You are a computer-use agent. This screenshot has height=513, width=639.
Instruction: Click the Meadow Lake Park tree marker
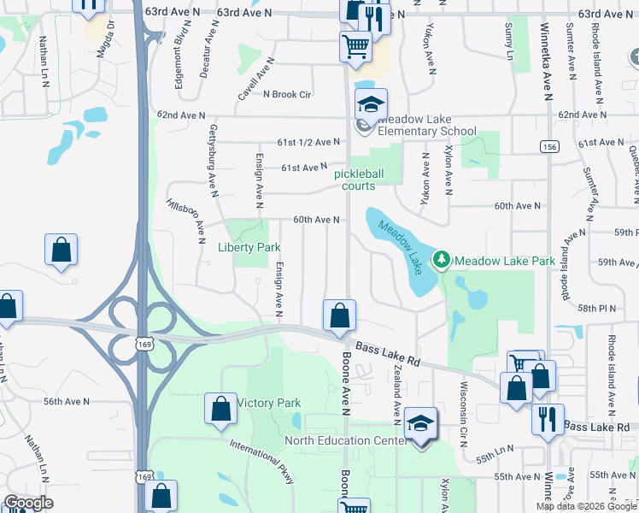click(x=442, y=258)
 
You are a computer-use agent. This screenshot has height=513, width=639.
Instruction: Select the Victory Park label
click(x=269, y=403)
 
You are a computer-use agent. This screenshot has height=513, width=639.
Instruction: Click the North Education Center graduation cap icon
click(x=419, y=426)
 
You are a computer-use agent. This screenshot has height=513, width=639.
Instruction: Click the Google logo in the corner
click(x=29, y=503)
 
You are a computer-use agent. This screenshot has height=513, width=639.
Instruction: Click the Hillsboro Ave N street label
click(x=185, y=215)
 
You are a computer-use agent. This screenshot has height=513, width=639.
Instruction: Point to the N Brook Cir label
click(x=287, y=94)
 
